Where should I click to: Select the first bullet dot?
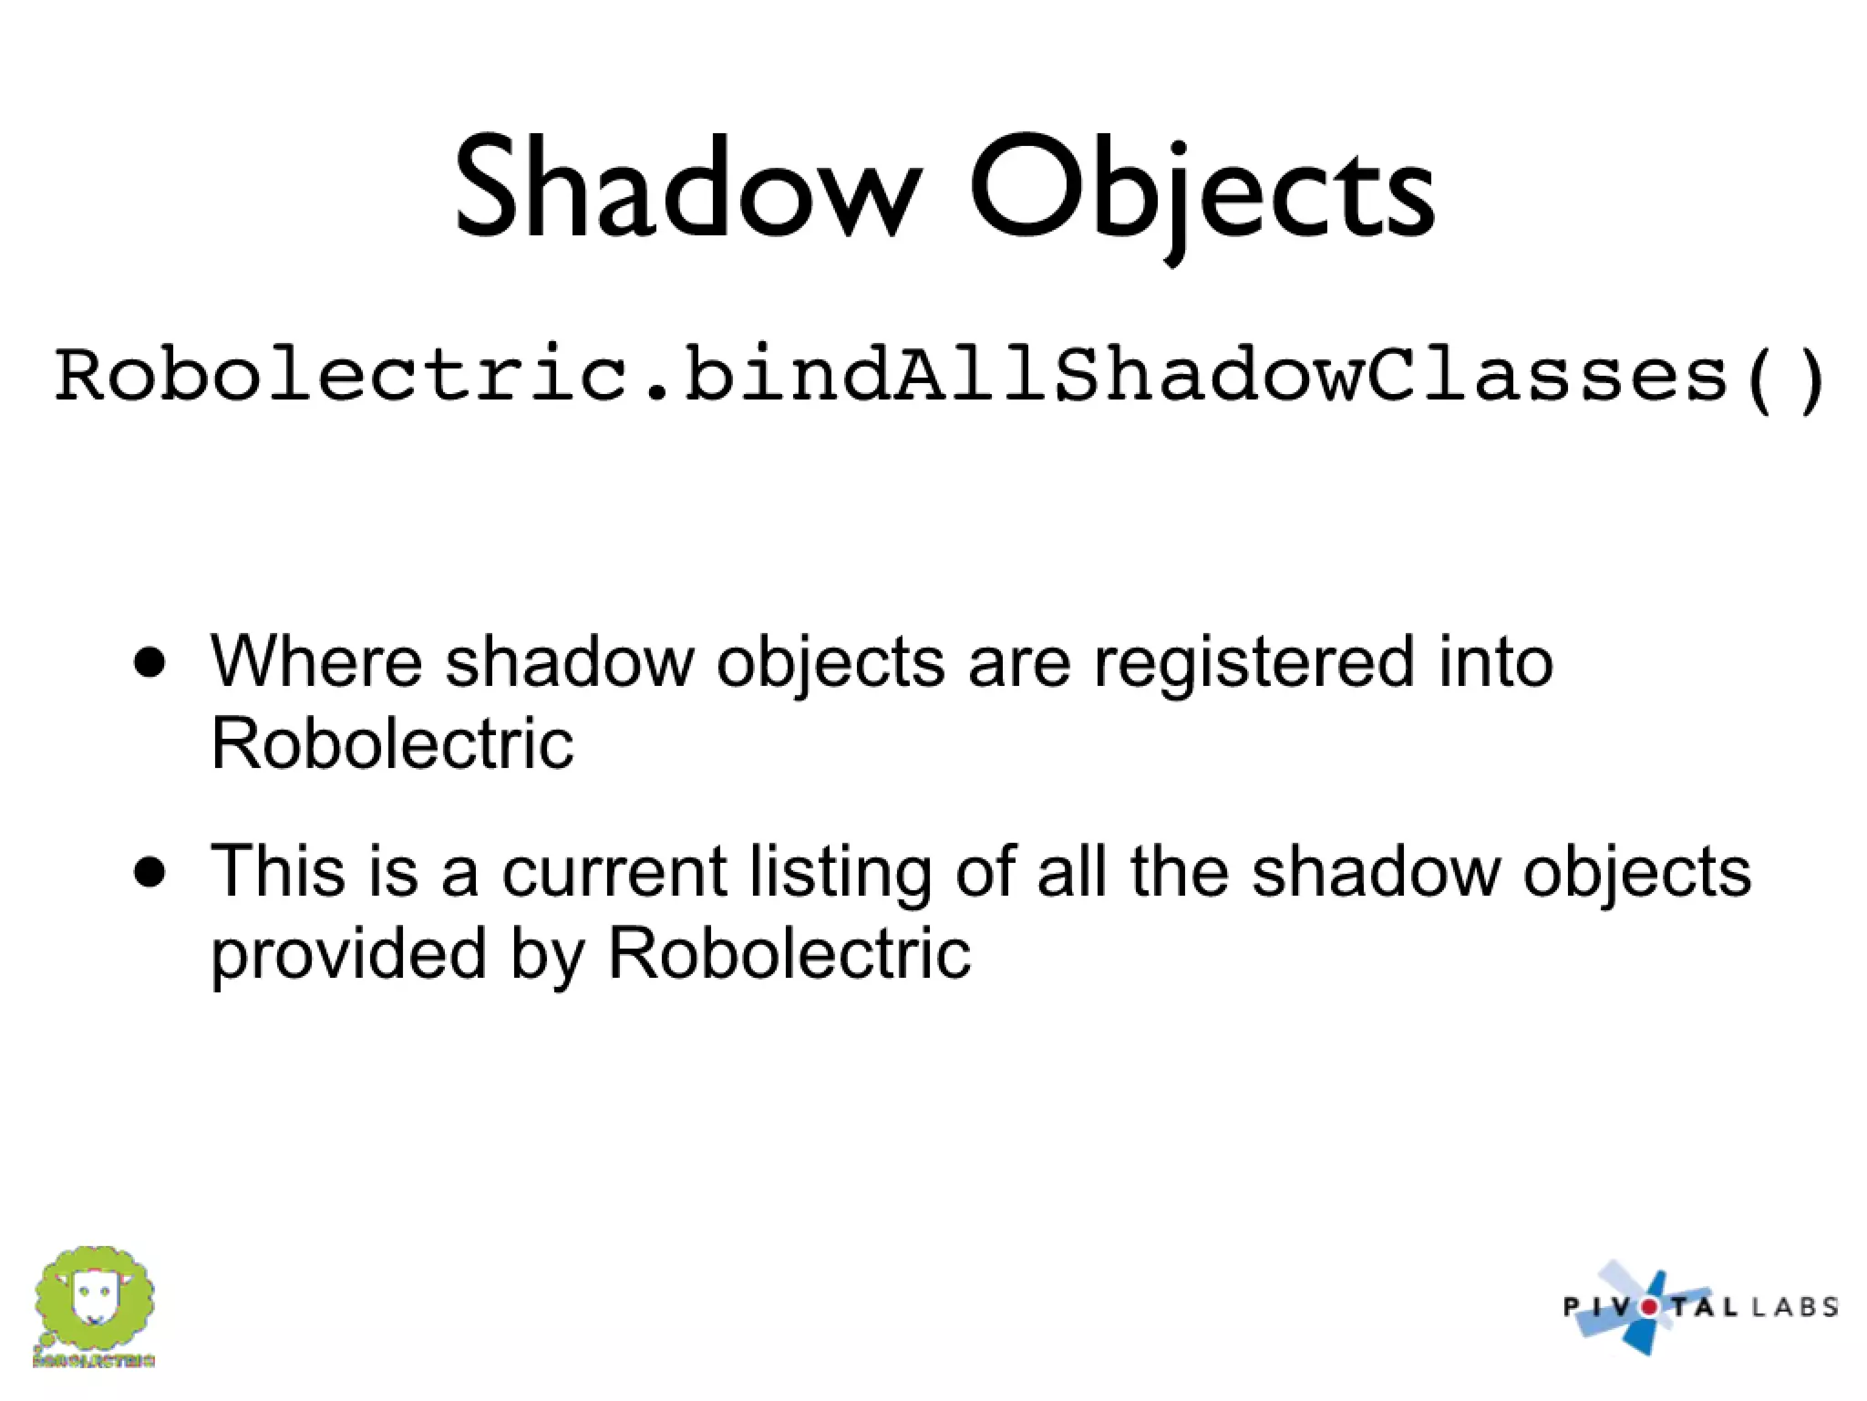coord(149,662)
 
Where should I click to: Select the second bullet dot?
coord(149,872)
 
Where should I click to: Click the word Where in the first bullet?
coord(315,660)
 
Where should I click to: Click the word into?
coord(1496,660)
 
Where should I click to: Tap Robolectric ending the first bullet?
coord(392,743)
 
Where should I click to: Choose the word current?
coord(614,872)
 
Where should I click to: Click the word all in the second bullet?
coord(1072,870)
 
